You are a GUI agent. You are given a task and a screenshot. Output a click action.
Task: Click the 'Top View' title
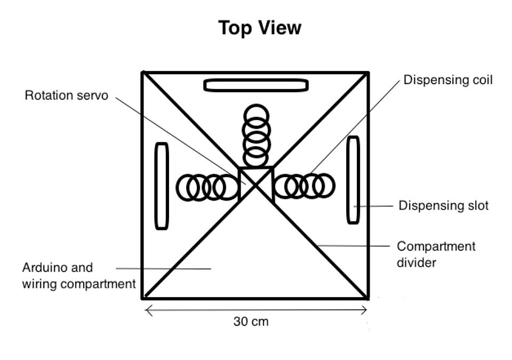(260, 28)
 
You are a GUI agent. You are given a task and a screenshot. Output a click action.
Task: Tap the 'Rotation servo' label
(66, 96)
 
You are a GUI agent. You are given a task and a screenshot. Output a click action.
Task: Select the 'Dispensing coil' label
(447, 80)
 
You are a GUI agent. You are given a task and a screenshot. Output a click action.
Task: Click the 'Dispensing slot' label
(443, 205)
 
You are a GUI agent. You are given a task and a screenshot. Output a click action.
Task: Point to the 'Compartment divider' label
(436, 254)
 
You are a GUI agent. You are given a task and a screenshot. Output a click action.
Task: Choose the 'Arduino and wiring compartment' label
(78, 275)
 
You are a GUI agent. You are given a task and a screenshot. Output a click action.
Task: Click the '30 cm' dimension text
(251, 322)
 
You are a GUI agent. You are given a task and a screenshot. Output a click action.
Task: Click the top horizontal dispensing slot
(256, 85)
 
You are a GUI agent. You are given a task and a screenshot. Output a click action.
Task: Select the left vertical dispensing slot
(162, 186)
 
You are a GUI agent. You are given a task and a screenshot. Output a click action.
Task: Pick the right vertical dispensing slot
(353, 180)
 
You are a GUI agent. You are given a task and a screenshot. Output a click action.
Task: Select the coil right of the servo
(304, 186)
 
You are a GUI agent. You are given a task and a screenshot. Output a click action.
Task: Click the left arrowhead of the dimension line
(147, 310)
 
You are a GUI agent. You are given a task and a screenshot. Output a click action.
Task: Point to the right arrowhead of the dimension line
(366, 310)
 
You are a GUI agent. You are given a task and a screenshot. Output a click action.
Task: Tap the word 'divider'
(417, 262)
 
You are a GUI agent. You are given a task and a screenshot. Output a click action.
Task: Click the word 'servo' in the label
(94, 96)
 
